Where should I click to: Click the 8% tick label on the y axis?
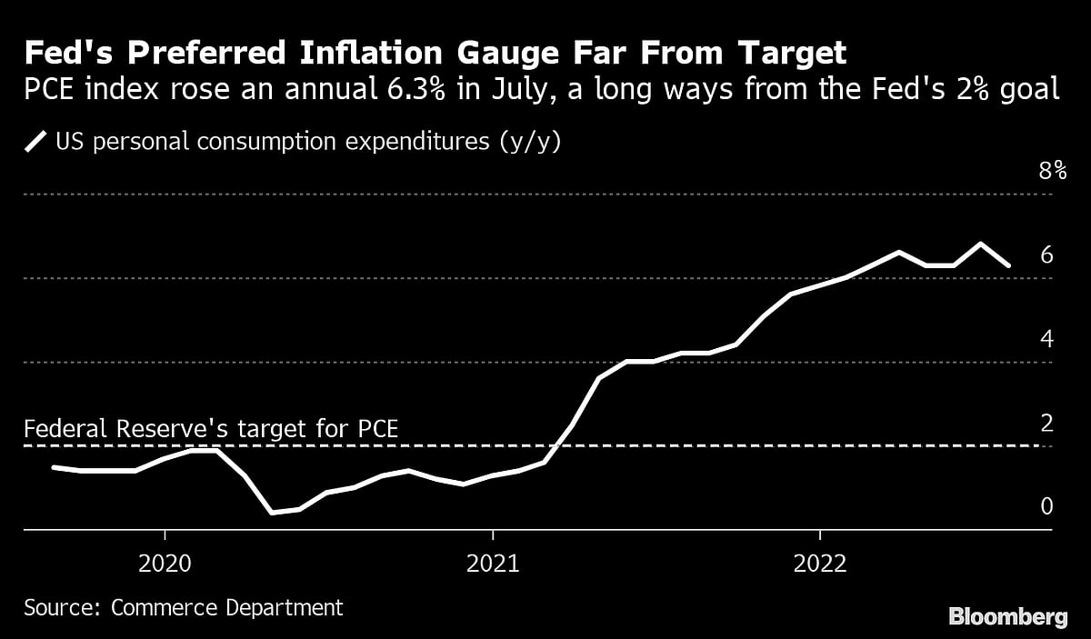tap(1052, 171)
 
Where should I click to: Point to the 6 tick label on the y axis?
tap(1046, 255)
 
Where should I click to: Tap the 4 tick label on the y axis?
tap(1046, 339)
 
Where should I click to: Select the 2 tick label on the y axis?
tap(1046, 423)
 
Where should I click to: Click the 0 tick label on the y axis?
tap(1046, 506)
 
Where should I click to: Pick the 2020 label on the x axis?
tap(165, 564)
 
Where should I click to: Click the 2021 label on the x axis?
tap(492, 564)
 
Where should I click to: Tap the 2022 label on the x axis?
tap(820, 564)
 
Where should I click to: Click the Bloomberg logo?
tap(1008, 617)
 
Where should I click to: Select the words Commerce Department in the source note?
tap(227, 608)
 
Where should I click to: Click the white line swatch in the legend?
tap(37, 142)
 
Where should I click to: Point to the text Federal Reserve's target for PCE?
tap(211, 429)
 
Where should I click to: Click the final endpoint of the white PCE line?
tap(1008, 265)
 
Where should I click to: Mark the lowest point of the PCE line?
tap(271, 513)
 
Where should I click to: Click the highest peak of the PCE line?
tap(980, 244)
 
